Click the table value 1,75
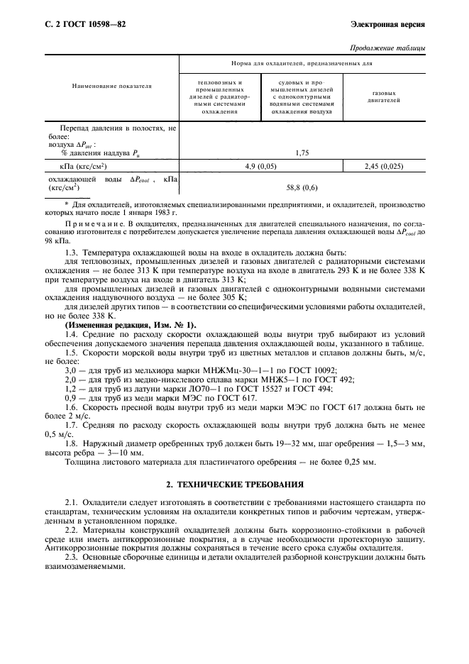(x=302, y=152)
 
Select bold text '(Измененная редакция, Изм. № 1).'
(x=121, y=324)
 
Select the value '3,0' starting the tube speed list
(x=71, y=370)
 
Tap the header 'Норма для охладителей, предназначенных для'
(x=302, y=63)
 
